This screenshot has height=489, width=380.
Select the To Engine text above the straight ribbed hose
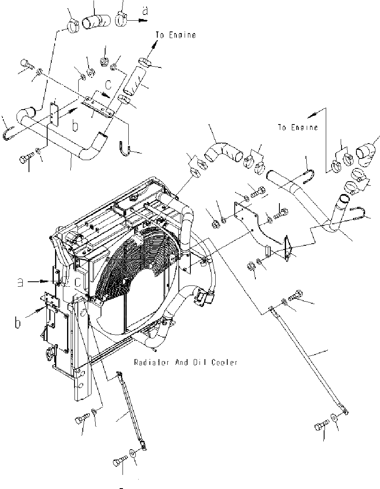176,35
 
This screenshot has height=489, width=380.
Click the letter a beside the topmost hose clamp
144,11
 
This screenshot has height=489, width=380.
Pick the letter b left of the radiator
17,322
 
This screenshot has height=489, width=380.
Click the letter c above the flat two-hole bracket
108,85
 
